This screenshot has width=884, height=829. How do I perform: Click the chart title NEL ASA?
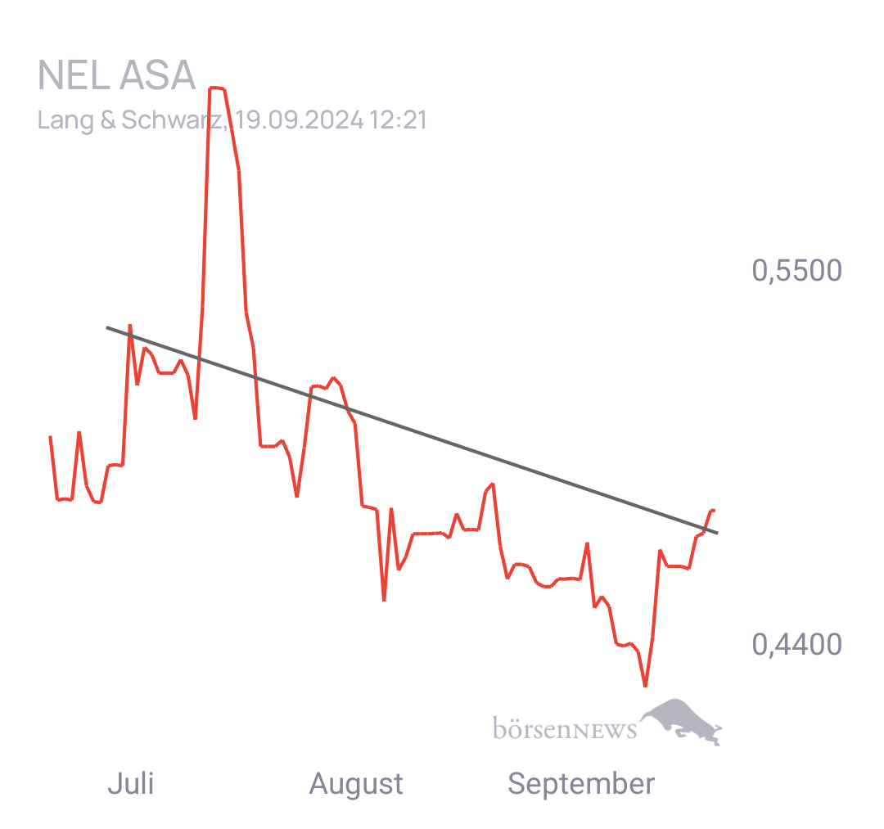tap(116, 76)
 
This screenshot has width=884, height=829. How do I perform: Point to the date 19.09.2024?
tap(299, 120)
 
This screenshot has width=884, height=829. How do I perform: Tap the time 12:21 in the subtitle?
tap(398, 120)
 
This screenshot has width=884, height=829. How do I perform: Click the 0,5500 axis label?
tap(796, 271)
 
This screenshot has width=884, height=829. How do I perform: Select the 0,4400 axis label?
tap(796, 645)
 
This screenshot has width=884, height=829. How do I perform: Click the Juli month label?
tap(130, 784)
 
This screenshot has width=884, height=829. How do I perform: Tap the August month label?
tap(355, 784)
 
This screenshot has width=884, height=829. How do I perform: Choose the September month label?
tap(580, 784)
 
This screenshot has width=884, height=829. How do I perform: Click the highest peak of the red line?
tap(217, 88)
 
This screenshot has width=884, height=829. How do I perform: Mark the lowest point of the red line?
tap(645, 686)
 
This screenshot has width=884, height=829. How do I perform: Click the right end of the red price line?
tap(714, 509)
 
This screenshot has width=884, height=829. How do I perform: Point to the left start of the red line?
tap(50, 436)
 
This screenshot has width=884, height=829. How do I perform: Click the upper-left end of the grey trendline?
tap(107, 328)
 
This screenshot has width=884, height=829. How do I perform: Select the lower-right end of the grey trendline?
tap(718, 534)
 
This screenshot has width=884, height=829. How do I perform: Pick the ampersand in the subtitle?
tap(109, 120)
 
